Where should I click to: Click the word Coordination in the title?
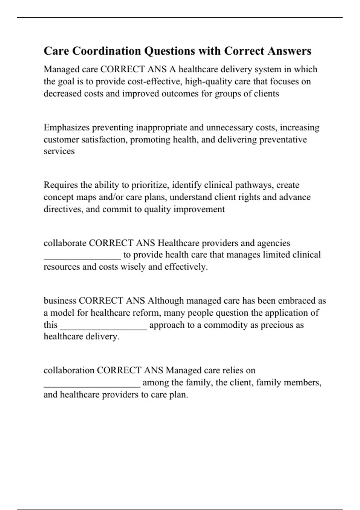(x=106, y=51)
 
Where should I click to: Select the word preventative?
(x=283, y=139)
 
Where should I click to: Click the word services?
(x=59, y=151)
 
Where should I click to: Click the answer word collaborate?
(x=65, y=243)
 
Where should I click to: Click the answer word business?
(x=60, y=301)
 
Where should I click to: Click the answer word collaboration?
(x=69, y=370)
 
